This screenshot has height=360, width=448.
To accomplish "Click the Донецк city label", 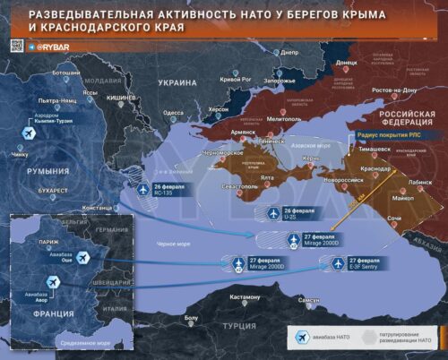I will click(347, 64).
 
